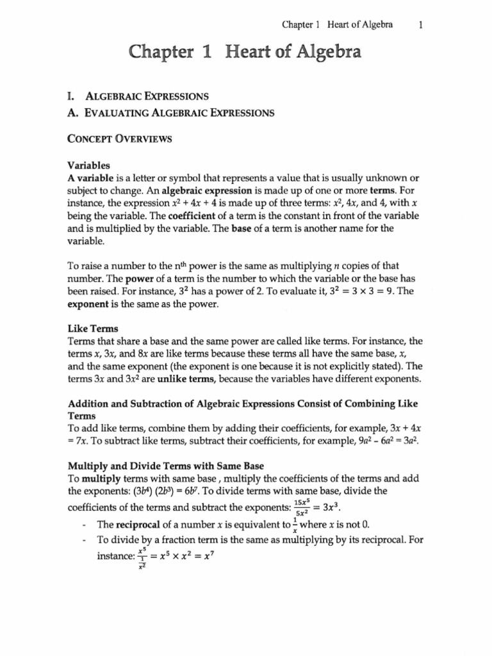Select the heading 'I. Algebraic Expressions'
pyautogui.click(x=140, y=97)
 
